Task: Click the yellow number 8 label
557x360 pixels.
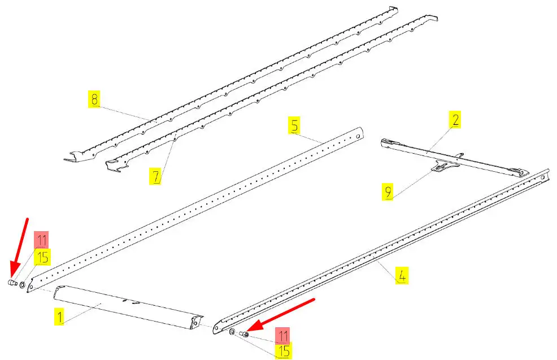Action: click(x=94, y=99)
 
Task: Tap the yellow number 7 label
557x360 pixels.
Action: click(x=156, y=176)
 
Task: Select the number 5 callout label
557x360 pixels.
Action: click(x=294, y=125)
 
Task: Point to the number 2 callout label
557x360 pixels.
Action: click(x=455, y=119)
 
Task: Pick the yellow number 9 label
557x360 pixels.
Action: click(x=388, y=192)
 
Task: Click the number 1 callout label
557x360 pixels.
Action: click(x=60, y=317)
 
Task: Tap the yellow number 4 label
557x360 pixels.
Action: click(x=402, y=275)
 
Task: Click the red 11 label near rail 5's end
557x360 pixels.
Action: click(x=42, y=240)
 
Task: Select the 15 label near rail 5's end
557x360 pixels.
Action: click(x=42, y=257)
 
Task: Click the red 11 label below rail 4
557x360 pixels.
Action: click(x=283, y=336)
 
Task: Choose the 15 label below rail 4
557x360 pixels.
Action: click(x=284, y=351)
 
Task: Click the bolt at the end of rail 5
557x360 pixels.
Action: click(x=13, y=283)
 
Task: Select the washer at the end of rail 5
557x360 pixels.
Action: click(x=23, y=285)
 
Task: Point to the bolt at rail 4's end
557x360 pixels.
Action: click(x=243, y=333)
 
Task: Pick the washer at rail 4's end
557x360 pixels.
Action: click(x=232, y=332)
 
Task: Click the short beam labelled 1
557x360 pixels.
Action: click(x=128, y=308)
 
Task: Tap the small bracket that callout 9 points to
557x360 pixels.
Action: click(x=444, y=165)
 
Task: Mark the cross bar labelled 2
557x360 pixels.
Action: click(x=455, y=158)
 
